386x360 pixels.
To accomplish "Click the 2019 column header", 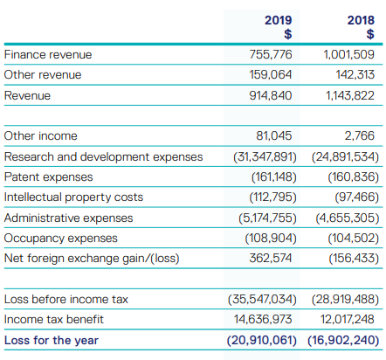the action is tap(278, 20).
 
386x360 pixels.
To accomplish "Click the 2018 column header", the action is tap(361, 20).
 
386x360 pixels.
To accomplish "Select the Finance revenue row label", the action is tap(48, 55).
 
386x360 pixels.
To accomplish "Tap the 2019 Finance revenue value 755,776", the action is tap(271, 54).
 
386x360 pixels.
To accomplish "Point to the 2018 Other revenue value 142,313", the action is tap(355, 75).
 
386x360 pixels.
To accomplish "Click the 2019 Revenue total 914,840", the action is tap(271, 95).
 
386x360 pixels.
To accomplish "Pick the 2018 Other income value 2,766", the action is tap(360, 135).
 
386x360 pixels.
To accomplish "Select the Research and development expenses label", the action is tap(103, 157).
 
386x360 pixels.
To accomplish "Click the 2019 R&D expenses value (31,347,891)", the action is tap(265, 157).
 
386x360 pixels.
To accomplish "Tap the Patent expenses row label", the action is tap(49, 177).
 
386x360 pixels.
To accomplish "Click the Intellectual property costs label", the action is tap(73, 197).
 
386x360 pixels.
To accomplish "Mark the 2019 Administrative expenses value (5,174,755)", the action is tap(267, 218).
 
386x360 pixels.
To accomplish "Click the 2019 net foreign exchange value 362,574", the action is tap(271, 258).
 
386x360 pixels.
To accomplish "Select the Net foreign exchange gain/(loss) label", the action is tap(92, 259).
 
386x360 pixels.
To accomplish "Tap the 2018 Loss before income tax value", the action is tap(345, 299).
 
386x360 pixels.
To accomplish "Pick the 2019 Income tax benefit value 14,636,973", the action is tap(263, 319).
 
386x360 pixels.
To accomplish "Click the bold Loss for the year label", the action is tap(52, 340).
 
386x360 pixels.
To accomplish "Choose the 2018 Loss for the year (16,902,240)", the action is tap(343, 340).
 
